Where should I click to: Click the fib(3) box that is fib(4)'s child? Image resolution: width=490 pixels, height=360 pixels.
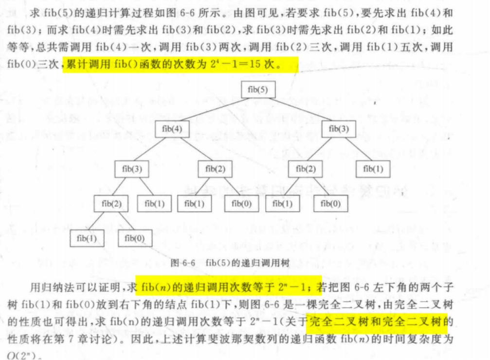click(131, 169)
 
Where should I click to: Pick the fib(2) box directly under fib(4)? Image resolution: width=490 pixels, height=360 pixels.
click(215, 169)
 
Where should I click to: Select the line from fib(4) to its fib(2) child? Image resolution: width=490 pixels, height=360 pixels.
click(194, 149)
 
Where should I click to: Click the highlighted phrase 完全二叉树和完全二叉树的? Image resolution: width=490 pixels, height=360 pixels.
click(377, 321)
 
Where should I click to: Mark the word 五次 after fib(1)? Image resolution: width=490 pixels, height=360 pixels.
click(408, 48)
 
